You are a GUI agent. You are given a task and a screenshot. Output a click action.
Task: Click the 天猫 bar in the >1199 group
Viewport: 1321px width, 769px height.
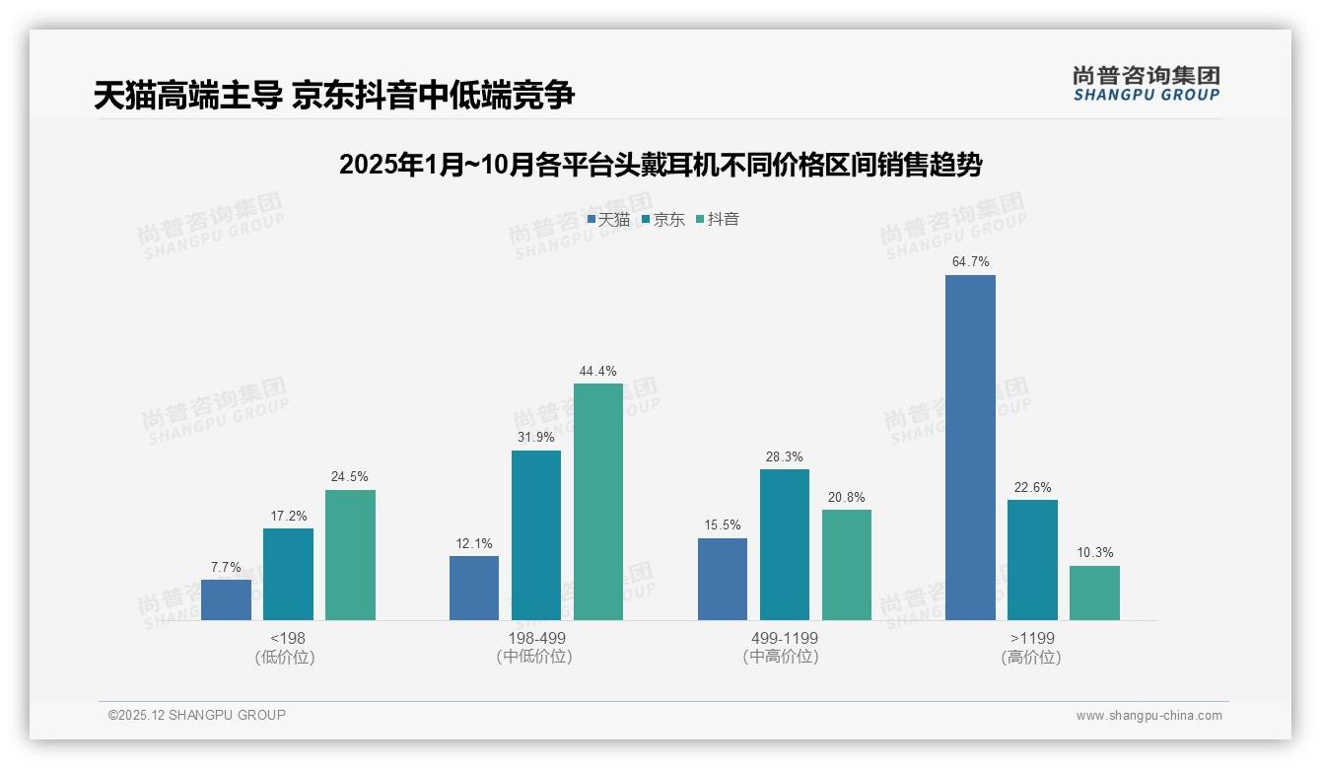click(970, 447)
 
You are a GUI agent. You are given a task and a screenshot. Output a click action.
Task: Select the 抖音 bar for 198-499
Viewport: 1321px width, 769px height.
click(598, 501)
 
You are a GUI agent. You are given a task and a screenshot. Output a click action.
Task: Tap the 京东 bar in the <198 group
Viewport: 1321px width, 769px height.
click(288, 574)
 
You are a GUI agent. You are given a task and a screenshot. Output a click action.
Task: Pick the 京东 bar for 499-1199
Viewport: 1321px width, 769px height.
click(785, 544)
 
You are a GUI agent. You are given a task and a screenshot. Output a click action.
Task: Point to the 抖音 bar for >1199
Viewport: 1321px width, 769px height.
click(1094, 593)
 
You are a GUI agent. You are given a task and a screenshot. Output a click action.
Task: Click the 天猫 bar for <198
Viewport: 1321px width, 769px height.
click(226, 599)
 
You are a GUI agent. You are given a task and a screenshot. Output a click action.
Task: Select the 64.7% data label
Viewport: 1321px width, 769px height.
click(970, 262)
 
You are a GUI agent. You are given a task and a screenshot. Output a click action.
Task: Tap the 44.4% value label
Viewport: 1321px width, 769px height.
click(598, 372)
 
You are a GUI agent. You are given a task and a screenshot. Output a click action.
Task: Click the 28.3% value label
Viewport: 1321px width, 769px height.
click(785, 457)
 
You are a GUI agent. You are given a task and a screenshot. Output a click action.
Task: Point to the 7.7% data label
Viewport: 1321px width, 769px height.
click(226, 568)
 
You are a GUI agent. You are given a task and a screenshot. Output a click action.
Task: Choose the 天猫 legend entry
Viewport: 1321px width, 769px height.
click(608, 220)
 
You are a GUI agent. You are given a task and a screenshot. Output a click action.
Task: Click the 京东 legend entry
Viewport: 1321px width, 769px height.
click(663, 220)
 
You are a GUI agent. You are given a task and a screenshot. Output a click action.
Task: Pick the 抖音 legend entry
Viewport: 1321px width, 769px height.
click(719, 220)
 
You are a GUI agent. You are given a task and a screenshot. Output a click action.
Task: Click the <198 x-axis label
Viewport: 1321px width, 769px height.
click(288, 638)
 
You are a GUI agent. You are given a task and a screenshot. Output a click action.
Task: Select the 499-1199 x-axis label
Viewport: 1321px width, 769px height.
click(785, 638)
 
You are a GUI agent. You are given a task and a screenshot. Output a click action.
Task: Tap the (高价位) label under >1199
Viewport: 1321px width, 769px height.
click(1031, 658)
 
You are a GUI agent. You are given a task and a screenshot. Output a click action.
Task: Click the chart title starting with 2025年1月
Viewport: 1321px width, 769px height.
click(660, 165)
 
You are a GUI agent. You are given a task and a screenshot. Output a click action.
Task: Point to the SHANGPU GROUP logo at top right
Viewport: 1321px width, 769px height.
click(1146, 84)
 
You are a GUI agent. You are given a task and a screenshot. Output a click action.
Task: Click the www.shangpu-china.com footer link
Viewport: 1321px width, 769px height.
click(1148, 716)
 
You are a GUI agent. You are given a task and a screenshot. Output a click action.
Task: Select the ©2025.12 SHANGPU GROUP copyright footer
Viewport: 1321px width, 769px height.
click(197, 715)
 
